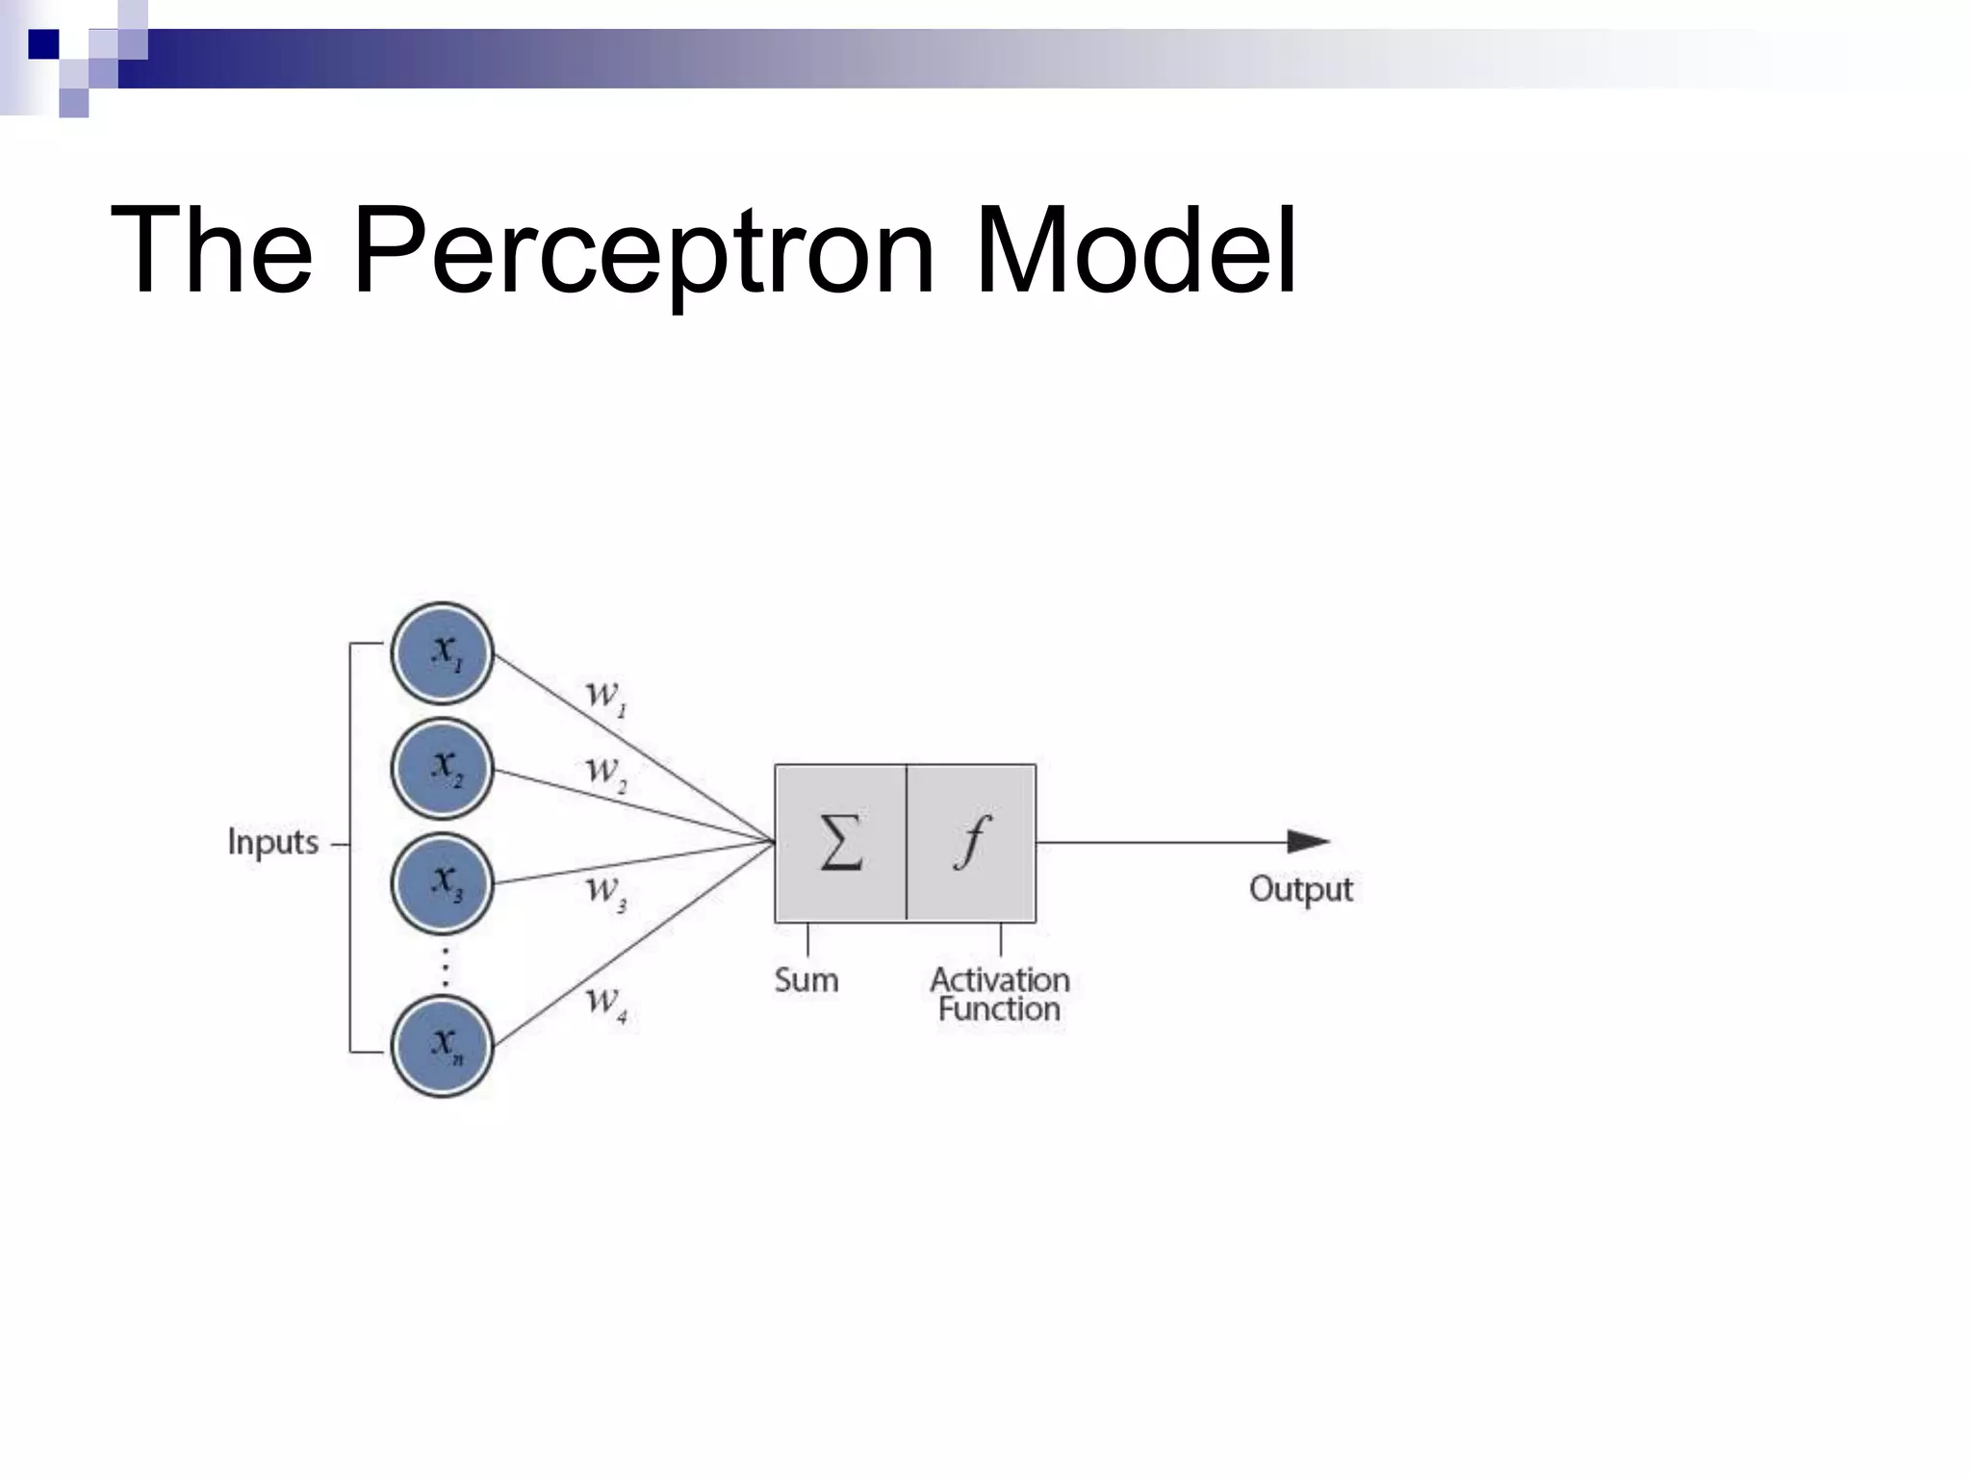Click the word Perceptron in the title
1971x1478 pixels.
coord(643,252)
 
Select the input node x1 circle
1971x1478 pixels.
coord(443,653)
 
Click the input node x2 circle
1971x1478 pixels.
coord(443,768)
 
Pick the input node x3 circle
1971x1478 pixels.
coord(443,882)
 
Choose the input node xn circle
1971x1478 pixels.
coord(443,1045)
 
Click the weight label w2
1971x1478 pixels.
coord(605,772)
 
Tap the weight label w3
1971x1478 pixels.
coord(605,889)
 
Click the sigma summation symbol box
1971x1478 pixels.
coord(840,843)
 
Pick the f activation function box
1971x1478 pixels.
coord(972,843)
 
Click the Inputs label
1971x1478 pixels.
coord(272,843)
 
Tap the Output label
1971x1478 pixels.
coord(1300,889)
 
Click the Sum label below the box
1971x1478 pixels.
coord(806,981)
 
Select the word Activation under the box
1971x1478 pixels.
coord(1000,980)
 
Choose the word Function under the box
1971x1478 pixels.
coord(1000,1009)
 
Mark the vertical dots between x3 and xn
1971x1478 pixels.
coord(445,967)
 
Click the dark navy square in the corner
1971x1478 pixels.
coord(43,44)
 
